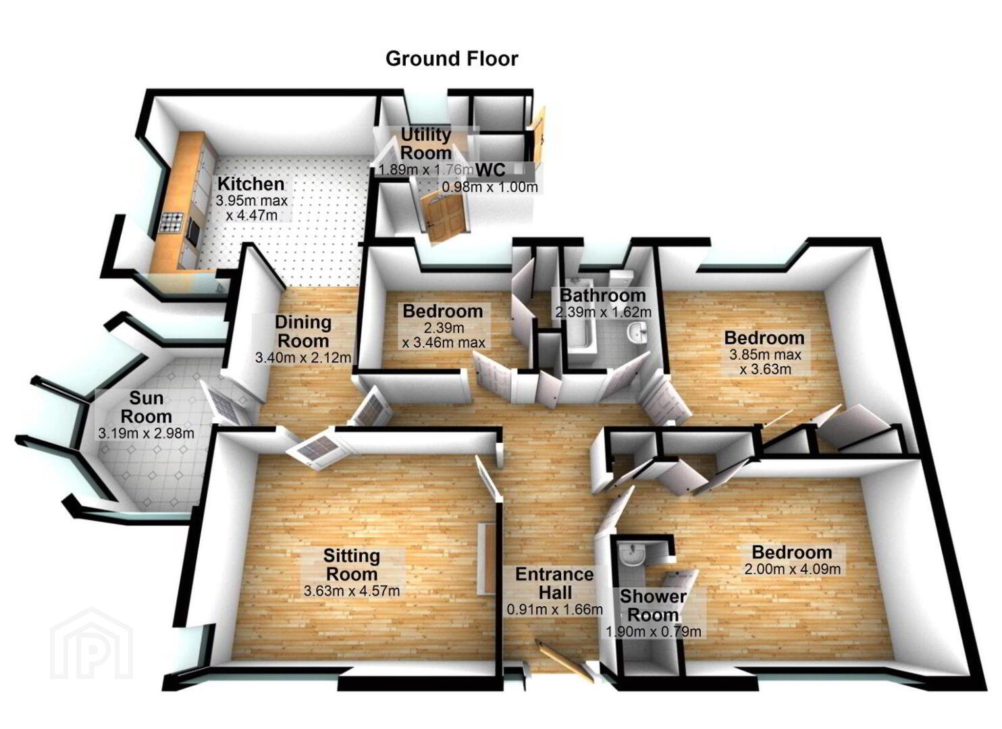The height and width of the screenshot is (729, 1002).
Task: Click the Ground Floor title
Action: tap(452, 59)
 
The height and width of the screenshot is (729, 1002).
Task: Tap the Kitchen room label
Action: tap(251, 184)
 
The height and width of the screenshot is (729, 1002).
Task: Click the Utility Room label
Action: tap(426, 144)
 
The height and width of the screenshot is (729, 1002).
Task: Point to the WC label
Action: tap(491, 170)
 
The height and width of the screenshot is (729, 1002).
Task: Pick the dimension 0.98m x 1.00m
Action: tap(490, 186)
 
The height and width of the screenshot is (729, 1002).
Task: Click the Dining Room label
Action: tap(303, 331)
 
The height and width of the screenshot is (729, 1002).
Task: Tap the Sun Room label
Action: tap(147, 407)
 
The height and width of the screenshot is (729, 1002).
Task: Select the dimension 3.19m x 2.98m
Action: tap(147, 433)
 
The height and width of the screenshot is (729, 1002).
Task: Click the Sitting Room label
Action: tap(352, 564)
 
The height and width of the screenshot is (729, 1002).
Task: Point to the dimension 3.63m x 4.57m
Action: tap(352, 591)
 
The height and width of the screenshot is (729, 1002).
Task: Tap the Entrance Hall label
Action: tap(555, 583)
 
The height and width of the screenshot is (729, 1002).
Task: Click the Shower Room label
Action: tap(653, 605)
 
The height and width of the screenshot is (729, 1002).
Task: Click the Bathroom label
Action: tap(603, 295)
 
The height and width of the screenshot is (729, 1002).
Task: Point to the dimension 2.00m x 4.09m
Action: tap(792, 569)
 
